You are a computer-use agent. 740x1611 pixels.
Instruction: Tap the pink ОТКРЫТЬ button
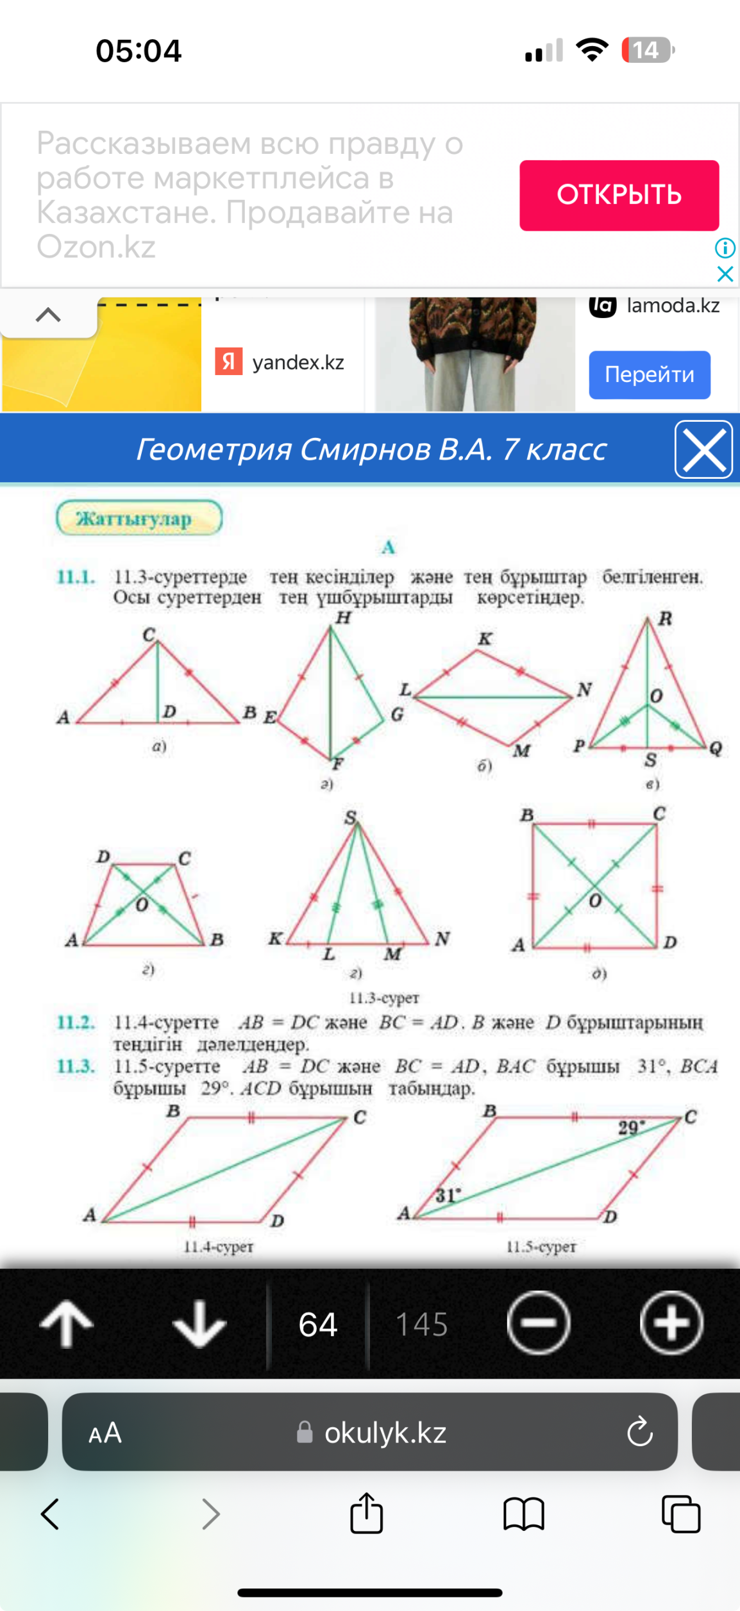click(x=619, y=195)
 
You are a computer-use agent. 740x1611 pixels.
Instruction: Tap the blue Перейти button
click(x=649, y=374)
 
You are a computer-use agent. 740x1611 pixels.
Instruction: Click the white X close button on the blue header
click(x=703, y=449)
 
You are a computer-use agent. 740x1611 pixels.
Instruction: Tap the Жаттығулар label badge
click(x=139, y=518)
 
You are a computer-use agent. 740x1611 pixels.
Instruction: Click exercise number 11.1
click(x=76, y=576)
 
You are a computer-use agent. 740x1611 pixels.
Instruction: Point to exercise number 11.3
click(x=76, y=1066)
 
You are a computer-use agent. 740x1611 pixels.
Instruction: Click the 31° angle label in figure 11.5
click(x=448, y=1195)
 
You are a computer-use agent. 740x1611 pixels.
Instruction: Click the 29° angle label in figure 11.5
click(x=631, y=1128)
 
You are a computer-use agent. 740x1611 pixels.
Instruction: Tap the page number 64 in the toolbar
click(x=317, y=1324)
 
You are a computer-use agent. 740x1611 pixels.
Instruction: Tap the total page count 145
click(x=421, y=1324)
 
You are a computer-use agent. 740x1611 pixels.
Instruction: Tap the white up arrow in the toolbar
click(x=66, y=1323)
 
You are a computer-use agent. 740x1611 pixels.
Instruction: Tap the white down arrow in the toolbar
click(x=199, y=1323)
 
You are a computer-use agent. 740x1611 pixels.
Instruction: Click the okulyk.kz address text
click(x=385, y=1433)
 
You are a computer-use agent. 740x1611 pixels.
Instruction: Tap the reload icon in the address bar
click(x=639, y=1432)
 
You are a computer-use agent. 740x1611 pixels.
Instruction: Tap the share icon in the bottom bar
click(x=366, y=1514)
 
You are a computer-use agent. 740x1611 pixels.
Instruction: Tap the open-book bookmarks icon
click(x=523, y=1514)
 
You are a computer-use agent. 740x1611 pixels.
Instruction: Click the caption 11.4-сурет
click(x=219, y=1247)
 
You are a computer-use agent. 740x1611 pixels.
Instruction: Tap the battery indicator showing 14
click(x=647, y=50)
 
